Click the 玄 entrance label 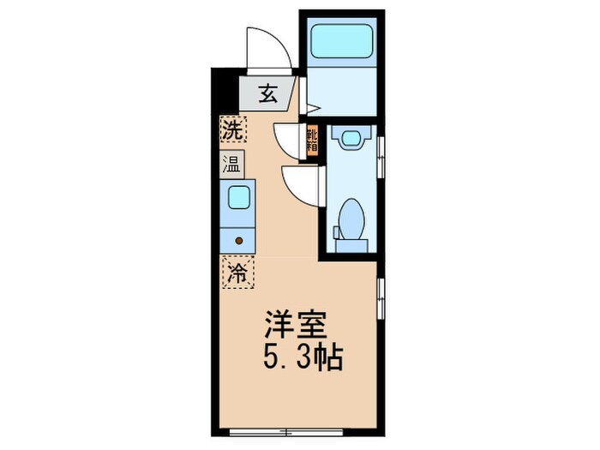pos(267,94)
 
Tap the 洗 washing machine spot pos(231,130)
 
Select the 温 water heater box pos(231,164)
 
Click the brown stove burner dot pos(239,241)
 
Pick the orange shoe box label pos(313,139)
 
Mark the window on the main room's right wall pos(381,296)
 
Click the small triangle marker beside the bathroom pos(313,109)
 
